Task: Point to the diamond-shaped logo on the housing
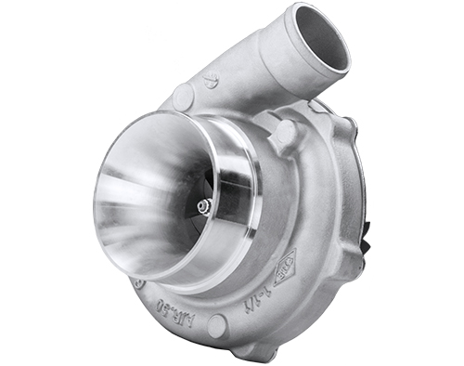point(284,268)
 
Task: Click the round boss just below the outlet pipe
point(282,135)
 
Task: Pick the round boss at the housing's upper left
point(182,96)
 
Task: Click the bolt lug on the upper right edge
point(343,124)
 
